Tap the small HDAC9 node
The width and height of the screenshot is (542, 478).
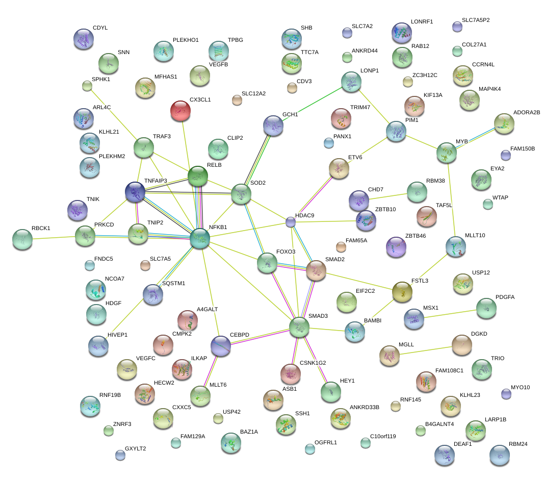tap(290, 222)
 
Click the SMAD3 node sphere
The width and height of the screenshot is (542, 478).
tap(299, 327)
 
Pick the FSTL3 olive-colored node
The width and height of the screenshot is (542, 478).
tap(402, 291)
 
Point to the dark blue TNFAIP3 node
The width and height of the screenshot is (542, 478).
tap(135, 192)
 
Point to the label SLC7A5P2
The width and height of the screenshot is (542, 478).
tap(475, 20)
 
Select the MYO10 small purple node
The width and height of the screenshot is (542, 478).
tap(506, 393)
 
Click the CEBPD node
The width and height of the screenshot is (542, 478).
tap(221, 345)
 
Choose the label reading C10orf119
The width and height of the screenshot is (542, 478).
tap(383, 436)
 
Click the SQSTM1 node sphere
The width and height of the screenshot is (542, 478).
tap(152, 294)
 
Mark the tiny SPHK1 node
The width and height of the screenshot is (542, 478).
tap(87, 86)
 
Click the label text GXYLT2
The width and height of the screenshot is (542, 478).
tap(135, 448)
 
